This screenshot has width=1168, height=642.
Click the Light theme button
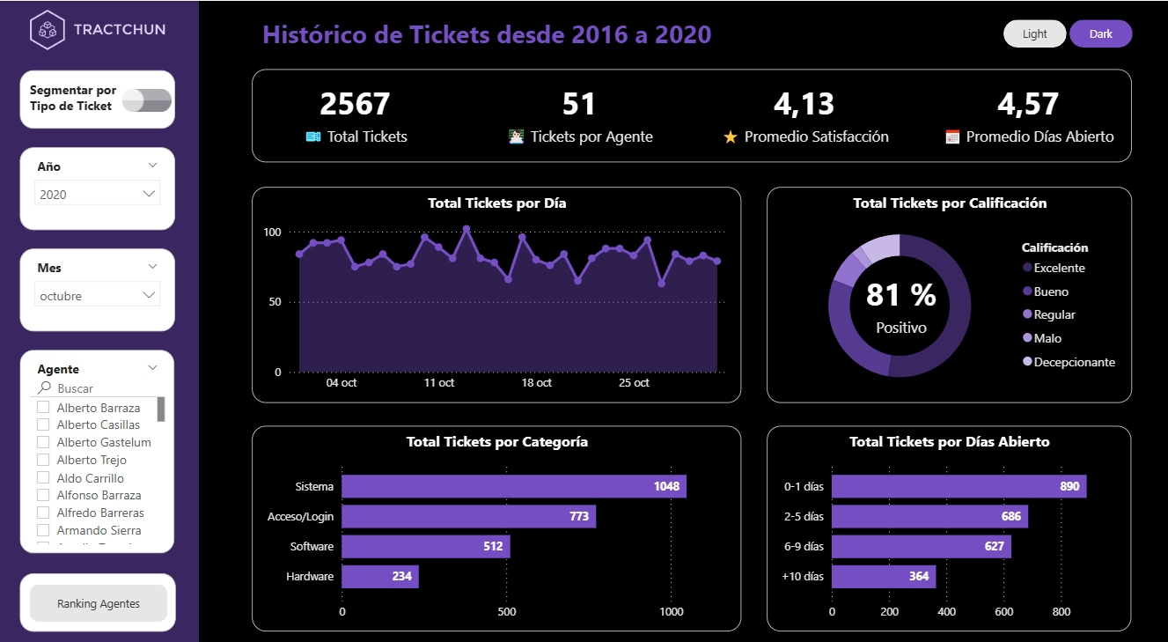tap(1034, 33)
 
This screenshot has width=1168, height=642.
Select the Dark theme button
tap(1100, 33)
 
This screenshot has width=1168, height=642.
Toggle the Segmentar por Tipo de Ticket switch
tap(147, 100)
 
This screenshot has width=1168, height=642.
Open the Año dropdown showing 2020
tap(97, 194)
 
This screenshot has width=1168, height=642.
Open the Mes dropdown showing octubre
tap(97, 296)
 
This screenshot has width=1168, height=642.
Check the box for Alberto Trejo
tap(42, 460)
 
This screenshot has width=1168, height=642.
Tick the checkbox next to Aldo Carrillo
tap(42, 477)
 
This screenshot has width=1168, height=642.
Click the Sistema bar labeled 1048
tap(513, 486)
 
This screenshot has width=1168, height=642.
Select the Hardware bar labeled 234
tap(379, 577)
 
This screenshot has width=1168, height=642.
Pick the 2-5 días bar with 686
tap(929, 516)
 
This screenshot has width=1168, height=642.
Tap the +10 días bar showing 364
tap(883, 577)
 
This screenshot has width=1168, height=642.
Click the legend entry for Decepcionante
tap(1074, 362)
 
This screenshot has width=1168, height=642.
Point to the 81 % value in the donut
tap(900, 295)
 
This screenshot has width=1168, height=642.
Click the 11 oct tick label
tap(438, 383)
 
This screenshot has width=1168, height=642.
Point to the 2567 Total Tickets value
tap(355, 104)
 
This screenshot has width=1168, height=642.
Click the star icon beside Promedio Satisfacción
tap(730, 137)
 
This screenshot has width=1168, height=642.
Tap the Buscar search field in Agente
tap(97, 388)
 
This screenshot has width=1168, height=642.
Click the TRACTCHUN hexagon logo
tap(47, 29)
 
